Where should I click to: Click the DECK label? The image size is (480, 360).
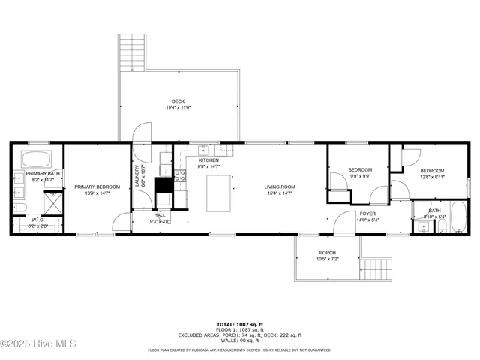[178, 101]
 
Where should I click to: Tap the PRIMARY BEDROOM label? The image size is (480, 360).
[97, 187]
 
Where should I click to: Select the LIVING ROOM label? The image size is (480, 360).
[279, 187]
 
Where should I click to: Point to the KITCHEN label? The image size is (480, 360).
[208, 160]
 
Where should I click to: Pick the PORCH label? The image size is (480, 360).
[328, 252]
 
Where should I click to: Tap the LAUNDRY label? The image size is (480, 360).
[138, 177]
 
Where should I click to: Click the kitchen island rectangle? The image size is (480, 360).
[220, 193]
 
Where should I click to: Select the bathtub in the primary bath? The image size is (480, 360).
[34, 160]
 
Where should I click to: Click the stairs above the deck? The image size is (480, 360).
[131, 52]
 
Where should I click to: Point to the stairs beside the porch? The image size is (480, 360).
[377, 268]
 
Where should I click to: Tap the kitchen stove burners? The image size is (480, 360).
[180, 176]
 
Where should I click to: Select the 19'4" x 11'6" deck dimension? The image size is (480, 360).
[178, 108]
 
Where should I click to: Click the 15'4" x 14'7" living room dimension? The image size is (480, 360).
[279, 193]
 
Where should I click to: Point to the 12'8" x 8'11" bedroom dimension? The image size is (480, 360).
[432, 177]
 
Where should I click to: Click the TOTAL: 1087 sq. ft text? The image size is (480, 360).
[239, 324]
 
